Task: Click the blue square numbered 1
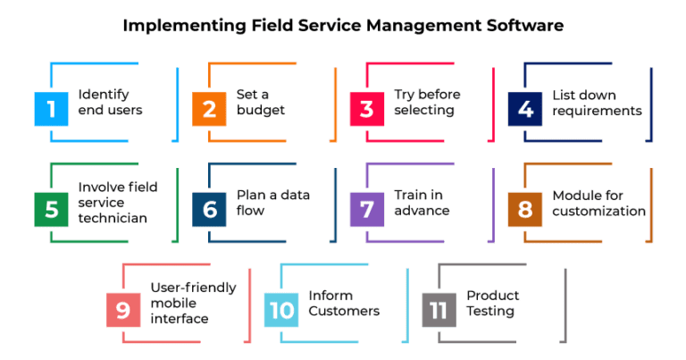click(x=51, y=109)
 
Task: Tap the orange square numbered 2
click(x=209, y=109)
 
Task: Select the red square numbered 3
click(x=367, y=109)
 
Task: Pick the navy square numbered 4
click(x=525, y=109)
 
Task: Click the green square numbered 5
click(x=51, y=210)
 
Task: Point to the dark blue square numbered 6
click(x=209, y=210)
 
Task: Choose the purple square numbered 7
click(x=367, y=210)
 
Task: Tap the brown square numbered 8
click(x=525, y=210)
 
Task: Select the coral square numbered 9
click(x=123, y=310)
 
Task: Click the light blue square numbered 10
click(x=281, y=310)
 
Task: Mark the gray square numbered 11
click(x=439, y=310)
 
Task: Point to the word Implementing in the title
click(x=185, y=26)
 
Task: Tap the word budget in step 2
click(x=261, y=110)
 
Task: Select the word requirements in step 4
click(x=598, y=111)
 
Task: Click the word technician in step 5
click(x=113, y=218)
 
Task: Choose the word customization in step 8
click(x=599, y=211)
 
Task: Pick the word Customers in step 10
click(x=344, y=311)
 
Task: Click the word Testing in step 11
click(x=490, y=312)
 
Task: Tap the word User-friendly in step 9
click(x=193, y=288)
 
